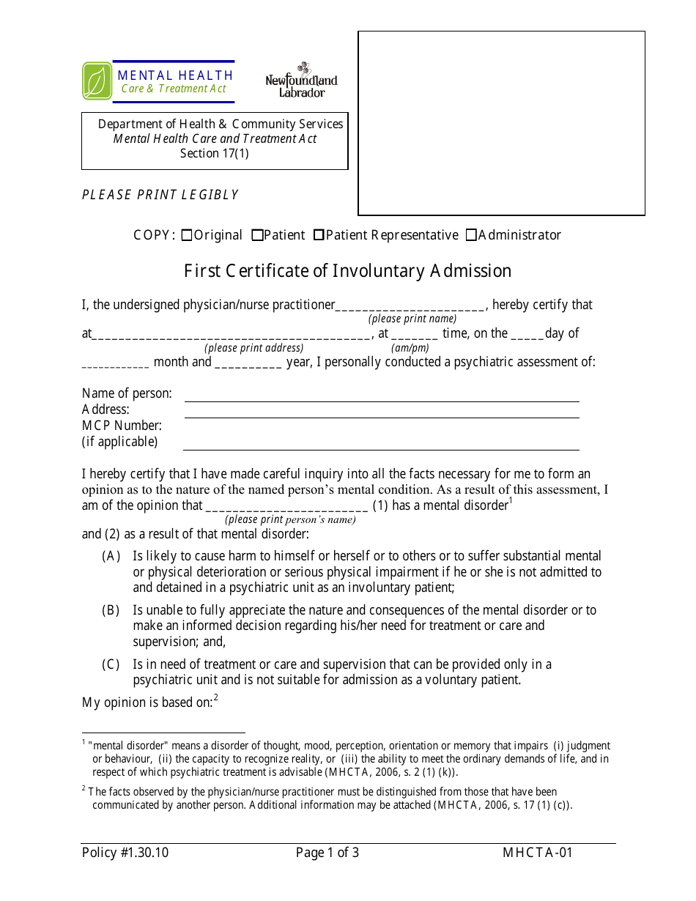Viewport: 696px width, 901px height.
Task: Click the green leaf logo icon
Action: tap(97, 81)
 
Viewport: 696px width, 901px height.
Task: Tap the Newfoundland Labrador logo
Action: tap(301, 81)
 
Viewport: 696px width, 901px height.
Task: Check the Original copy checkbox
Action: tap(187, 235)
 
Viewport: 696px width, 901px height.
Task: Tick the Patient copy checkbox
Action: tap(257, 235)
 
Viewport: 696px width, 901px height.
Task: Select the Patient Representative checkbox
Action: tap(319, 235)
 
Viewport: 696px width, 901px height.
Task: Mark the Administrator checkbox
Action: tap(471, 235)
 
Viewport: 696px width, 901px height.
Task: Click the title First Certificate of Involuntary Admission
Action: tap(347, 271)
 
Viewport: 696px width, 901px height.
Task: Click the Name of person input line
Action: tap(381, 395)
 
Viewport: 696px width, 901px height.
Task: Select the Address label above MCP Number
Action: tap(105, 409)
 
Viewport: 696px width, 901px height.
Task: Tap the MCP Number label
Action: tap(122, 426)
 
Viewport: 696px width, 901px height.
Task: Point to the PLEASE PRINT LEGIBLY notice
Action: tap(160, 195)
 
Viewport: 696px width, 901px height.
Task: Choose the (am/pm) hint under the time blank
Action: tap(410, 349)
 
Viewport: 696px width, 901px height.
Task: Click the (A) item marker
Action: tap(111, 557)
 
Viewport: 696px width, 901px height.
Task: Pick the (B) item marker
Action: tap(111, 610)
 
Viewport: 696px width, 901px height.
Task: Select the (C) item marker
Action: tap(111, 664)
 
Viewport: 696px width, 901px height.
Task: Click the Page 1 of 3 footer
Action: tap(327, 853)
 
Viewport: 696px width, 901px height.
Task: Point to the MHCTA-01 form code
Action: tap(538, 853)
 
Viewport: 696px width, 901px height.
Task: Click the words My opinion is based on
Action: tap(147, 702)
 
